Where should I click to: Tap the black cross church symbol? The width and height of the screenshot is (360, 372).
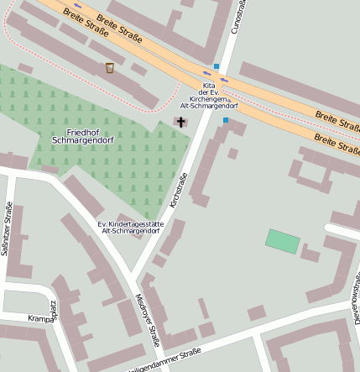(x=180, y=123)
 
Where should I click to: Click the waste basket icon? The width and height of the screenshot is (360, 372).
(x=110, y=68)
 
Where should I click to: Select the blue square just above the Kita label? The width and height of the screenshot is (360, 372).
(x=217, y=66)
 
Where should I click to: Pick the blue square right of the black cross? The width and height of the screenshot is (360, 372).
(x=226, y=121)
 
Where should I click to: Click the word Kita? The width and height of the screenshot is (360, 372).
(x=210, y=86)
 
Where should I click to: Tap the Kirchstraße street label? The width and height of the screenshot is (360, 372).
(x=178, y=190)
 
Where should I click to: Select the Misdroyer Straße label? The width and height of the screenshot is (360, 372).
(x=148, y=320)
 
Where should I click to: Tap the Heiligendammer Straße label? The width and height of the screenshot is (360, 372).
(x=164, y=359)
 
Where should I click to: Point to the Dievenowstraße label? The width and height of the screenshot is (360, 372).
(x=355, y=298)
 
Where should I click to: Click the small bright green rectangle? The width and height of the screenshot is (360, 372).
(x=283, y=241)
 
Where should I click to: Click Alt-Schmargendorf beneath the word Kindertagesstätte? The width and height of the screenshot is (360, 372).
(x=130, y=231)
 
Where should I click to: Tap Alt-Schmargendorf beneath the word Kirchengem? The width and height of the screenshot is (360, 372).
(x=209, y=107)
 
